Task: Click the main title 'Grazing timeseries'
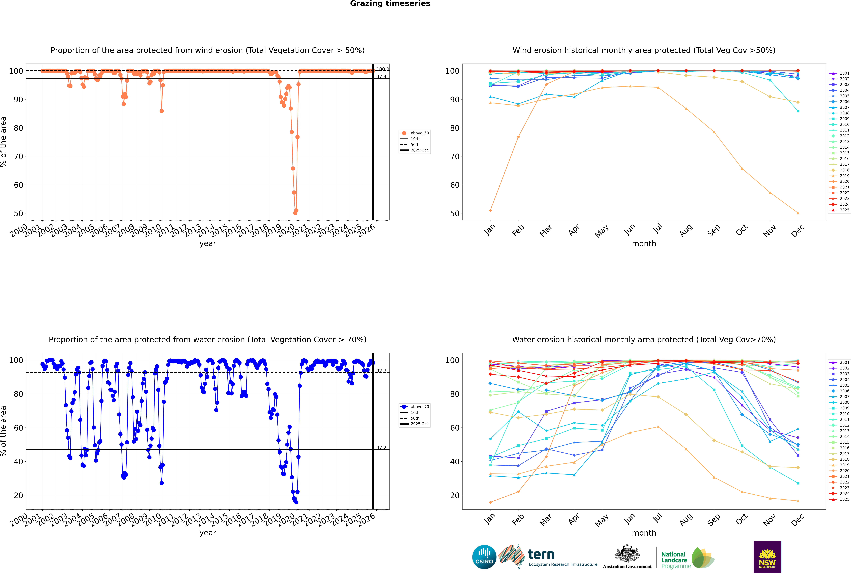coord(390,4)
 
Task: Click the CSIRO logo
coord(484,557)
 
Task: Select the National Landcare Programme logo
coord(687,558)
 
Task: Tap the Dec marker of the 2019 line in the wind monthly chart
coord(798,213)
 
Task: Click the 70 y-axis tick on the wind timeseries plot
coord(18,156)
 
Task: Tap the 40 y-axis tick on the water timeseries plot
coord(18,462)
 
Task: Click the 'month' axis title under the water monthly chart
coord(644,533)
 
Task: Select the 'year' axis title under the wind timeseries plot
coord(208,243)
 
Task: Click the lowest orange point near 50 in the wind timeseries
coord(295,213)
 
